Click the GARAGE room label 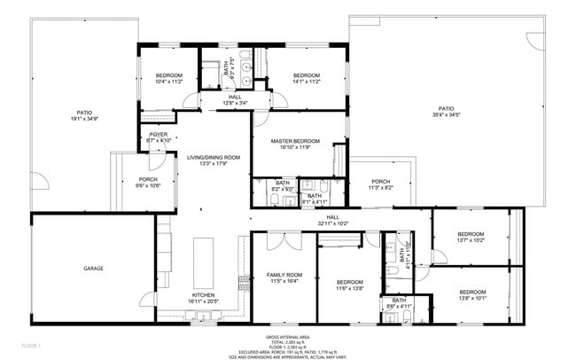94,268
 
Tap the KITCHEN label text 204,295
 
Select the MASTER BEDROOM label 295,141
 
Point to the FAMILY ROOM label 284,276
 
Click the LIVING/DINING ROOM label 214,157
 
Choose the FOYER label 158,134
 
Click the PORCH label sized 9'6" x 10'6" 148,179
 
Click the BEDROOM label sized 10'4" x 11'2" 168,75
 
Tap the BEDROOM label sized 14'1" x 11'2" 306,75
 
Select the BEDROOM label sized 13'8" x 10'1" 471,291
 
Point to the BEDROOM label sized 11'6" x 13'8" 349,282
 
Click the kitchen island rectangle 203,256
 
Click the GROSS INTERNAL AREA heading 288,337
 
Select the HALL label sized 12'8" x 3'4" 235,98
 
